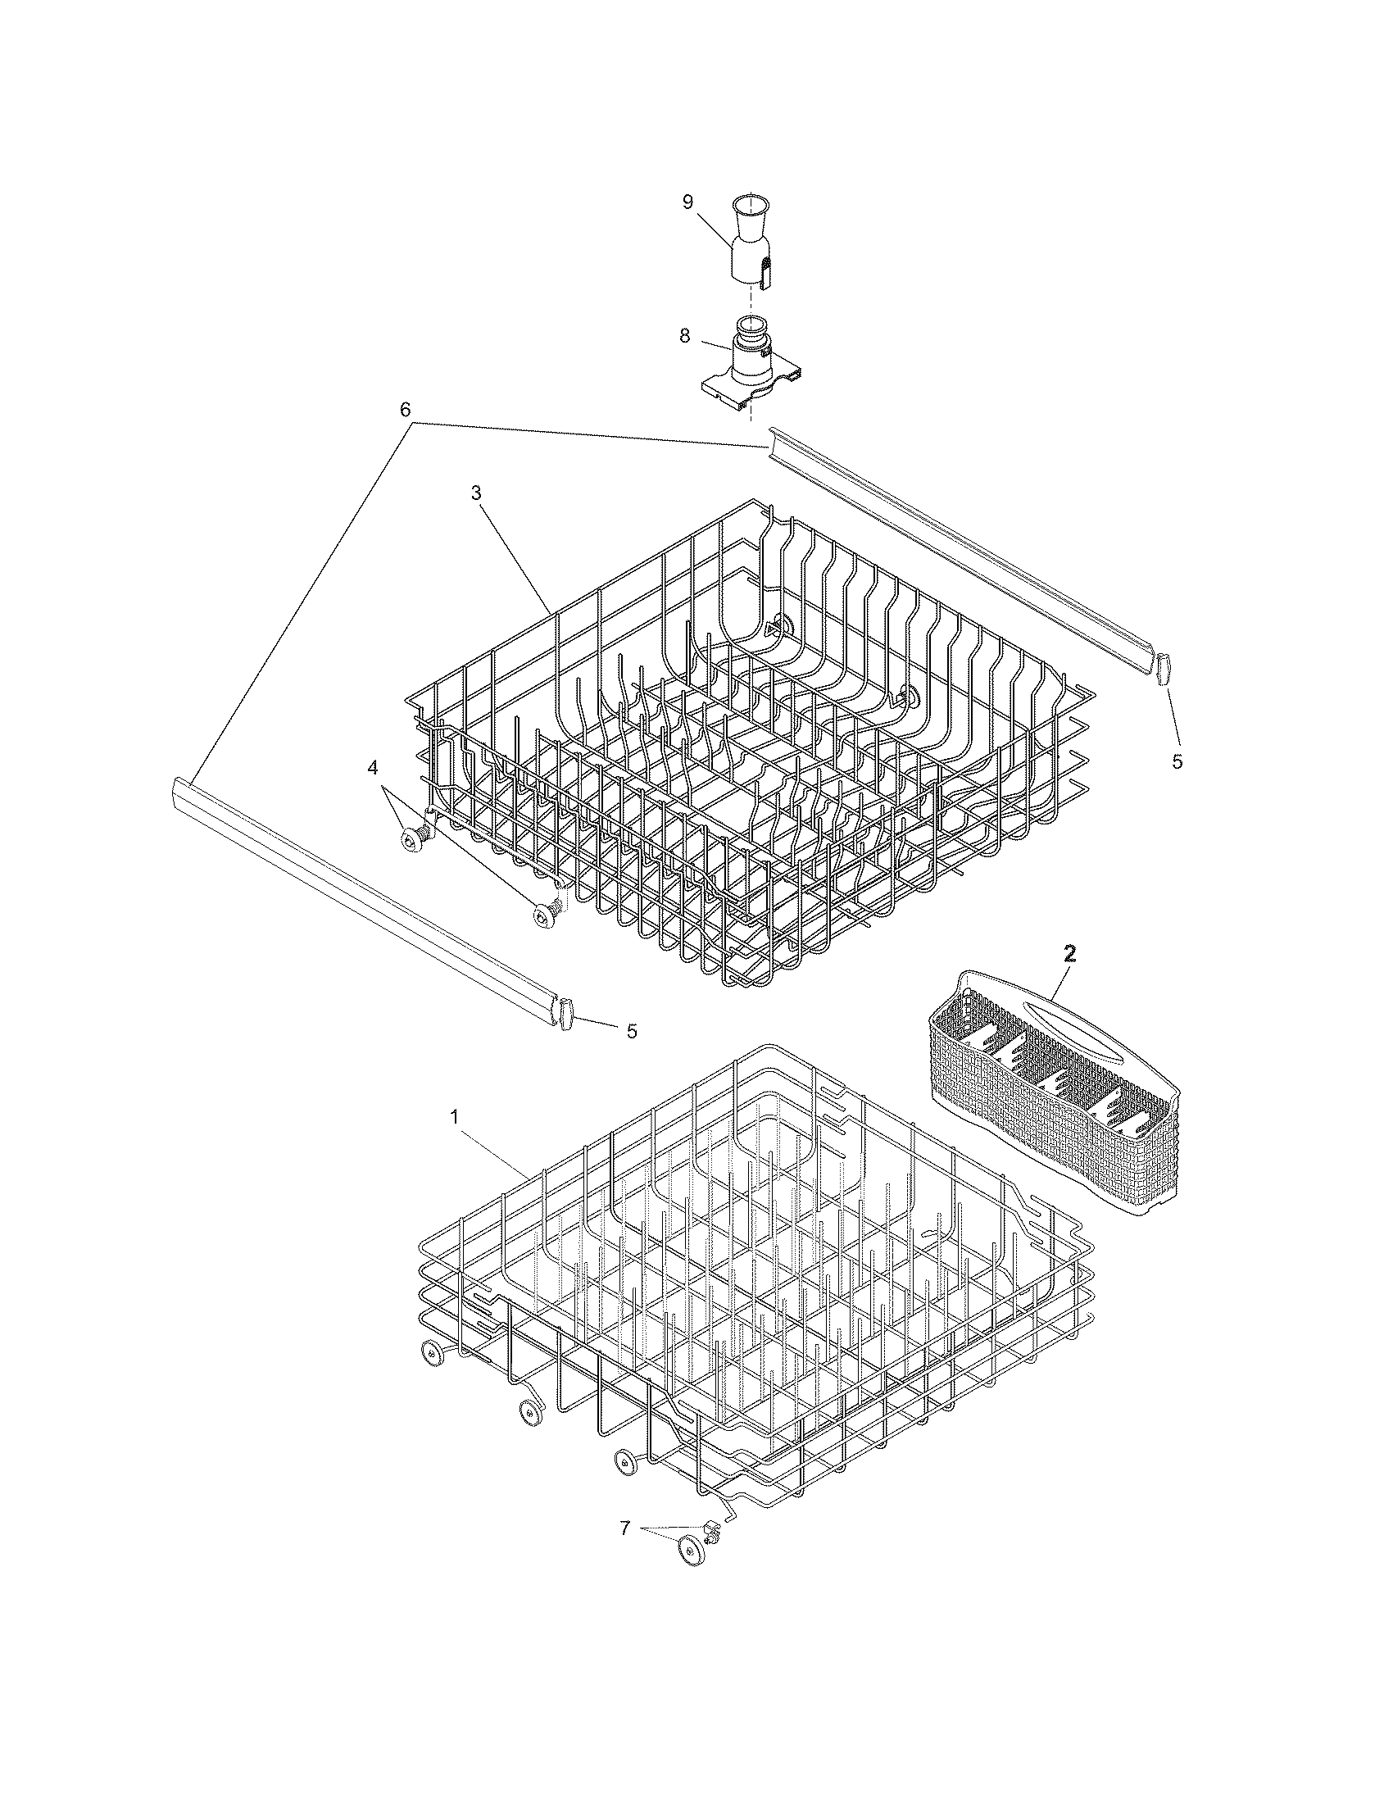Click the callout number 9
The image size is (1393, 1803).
click(687, 203)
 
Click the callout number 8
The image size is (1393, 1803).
click(685, 336)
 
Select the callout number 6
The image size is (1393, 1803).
click(405, 410)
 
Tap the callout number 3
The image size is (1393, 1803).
click(476, 492)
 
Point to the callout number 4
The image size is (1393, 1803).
click(373, 768)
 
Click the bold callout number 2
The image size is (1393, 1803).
click(1069, 954)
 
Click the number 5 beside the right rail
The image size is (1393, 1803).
click(1177, 761)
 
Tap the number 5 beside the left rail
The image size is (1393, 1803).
click(631, 1031)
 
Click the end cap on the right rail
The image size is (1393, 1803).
click(1164, 668)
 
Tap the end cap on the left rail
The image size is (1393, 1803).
click(566, 1014)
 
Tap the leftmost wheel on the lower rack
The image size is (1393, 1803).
click(431, 1351)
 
